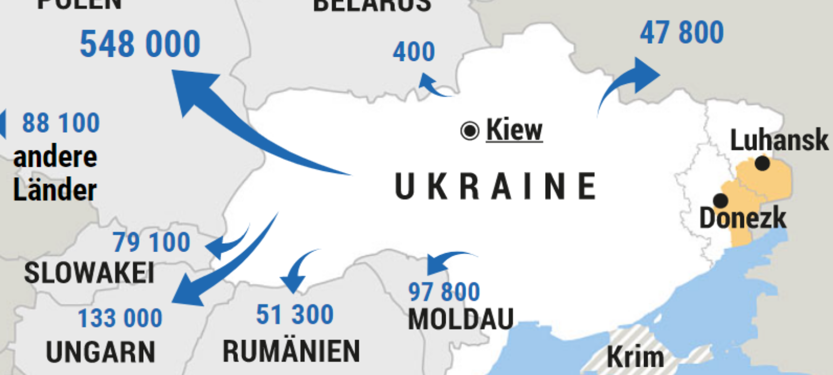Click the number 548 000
pos(140,44)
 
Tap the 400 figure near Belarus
pos(414,52)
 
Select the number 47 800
pos(681,33)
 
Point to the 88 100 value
pos(61,123)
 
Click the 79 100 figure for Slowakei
pos(152,242)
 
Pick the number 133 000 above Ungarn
pos(120,318)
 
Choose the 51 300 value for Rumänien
pos(295,315)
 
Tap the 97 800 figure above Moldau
pos(444,292)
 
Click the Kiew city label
pos(514,130)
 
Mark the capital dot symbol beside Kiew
pos(470,130)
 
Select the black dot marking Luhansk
pos(762,163)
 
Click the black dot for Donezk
pos(721,201)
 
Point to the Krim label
pos(635,358)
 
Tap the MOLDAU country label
pos(461,319)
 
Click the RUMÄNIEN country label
pos(291,351)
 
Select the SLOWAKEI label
pos(90,273)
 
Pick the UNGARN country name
pos(100,352)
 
